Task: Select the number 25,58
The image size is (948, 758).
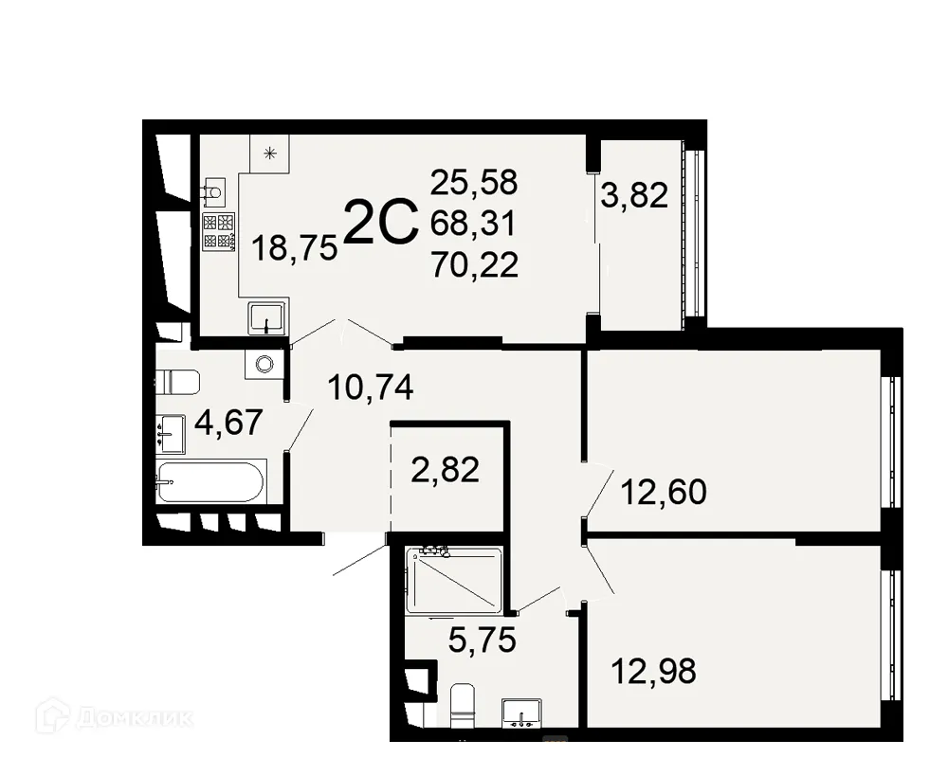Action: (x=473, y=181)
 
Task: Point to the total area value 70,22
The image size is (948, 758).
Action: (x=474, y=265)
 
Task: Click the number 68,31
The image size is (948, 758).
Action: (x=473, y=224)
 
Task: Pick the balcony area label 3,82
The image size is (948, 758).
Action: (x=634, y=196)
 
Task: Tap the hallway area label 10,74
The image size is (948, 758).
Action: (x=370, y=387)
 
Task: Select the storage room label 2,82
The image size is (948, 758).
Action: (x=446, y=469)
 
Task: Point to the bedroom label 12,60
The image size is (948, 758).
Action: (x=664, y=493)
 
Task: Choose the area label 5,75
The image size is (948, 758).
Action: (x=482, y=641)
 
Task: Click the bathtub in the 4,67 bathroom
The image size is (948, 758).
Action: (x=210, y=482)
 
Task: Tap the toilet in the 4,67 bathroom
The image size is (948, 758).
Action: (x=178, y=382)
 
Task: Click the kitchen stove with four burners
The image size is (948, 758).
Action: (x=218, y=231)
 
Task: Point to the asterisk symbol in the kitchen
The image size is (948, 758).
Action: (x=271, y=152)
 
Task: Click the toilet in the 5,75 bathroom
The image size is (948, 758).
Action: (x=462, y=705)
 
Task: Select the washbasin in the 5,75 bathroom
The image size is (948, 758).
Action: (x=520, y=713)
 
